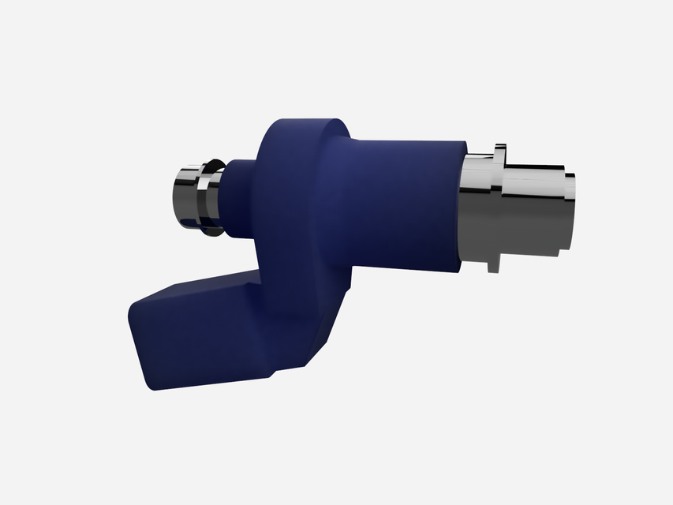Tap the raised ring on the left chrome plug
coord(211,197)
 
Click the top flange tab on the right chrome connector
coord(499,150)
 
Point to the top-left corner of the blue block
coord(134,304)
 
